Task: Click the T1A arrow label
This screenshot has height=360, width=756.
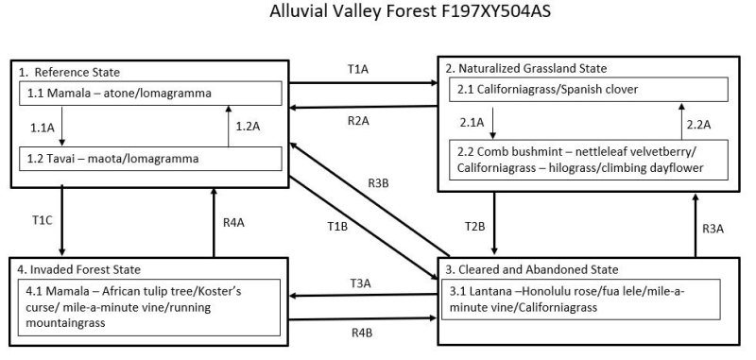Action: pos(359,69)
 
